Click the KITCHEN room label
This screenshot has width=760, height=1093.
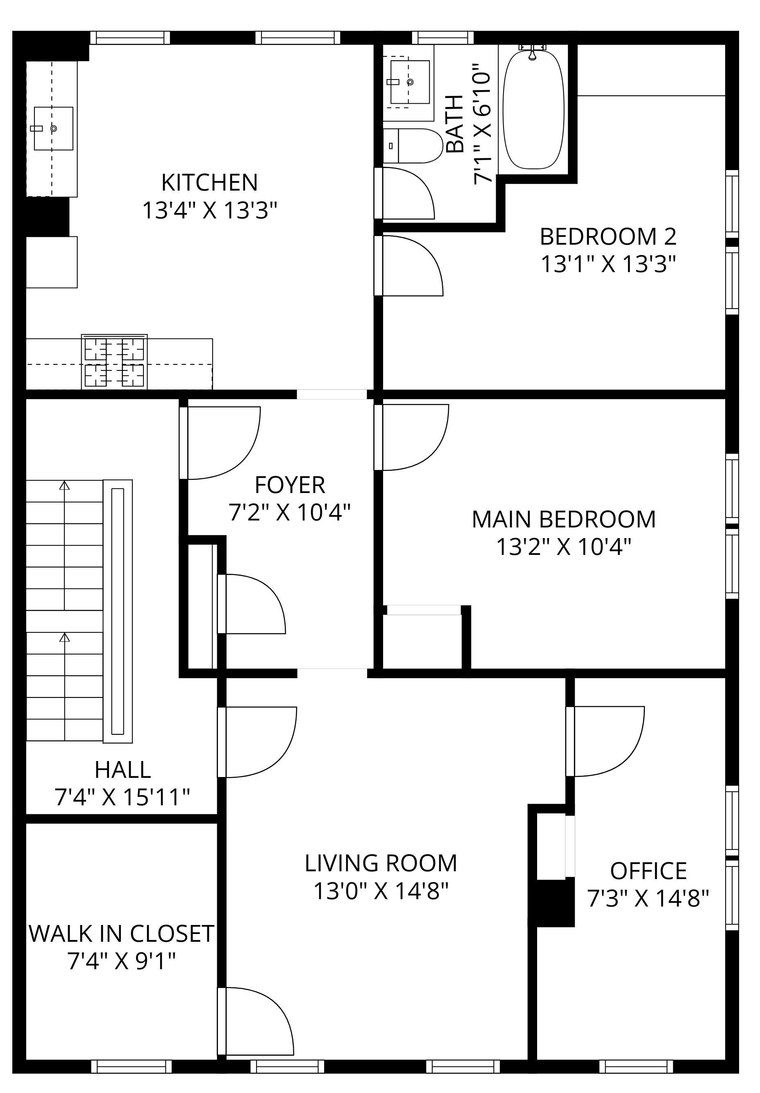(x=209, y=182)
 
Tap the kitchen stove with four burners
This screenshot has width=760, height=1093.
(x=114, y=361)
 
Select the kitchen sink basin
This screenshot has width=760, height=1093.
(x=53, y=129)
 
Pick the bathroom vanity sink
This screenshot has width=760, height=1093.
(x=410, y=82)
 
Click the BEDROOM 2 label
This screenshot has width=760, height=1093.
(x=608, y=236)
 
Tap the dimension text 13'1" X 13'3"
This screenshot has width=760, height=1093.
(x=608, y=264)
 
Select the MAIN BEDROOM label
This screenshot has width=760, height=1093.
(x=563, y=519)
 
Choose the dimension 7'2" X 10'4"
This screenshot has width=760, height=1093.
(x=290, y=513)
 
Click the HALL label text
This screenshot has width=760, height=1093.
(x=123, y=770)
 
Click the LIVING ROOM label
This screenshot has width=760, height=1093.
(x=381, y=863)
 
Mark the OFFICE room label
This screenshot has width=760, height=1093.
(x=648, y=871)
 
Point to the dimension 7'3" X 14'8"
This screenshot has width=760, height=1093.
(x=648, y=898)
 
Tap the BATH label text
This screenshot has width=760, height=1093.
(x=456, y=124)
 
